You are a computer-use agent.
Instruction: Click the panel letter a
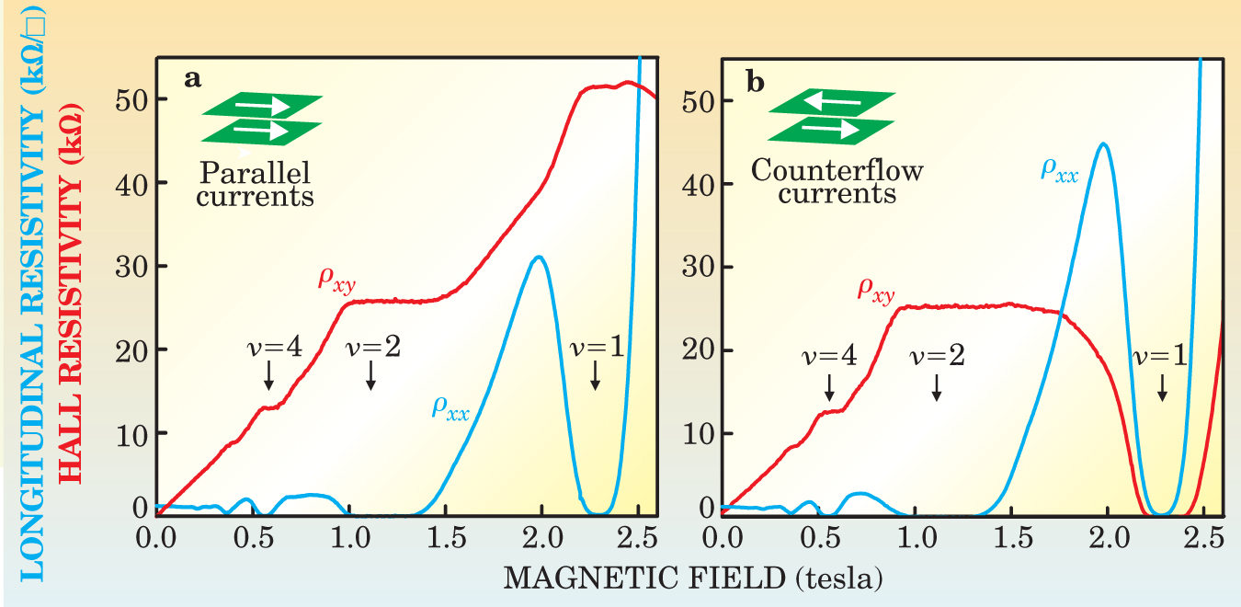click(x=192, y=79)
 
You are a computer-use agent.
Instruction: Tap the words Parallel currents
click(x=256, y=183)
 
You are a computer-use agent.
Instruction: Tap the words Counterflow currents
click(x=837, y=182)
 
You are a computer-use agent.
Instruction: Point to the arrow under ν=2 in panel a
click(x=370, y=373)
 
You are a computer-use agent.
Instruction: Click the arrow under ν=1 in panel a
click(x=595, y=373)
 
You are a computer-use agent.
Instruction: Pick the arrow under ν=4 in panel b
click(x=829, y=386)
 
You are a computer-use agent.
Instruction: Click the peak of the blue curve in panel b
click(x=1101, y=144)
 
